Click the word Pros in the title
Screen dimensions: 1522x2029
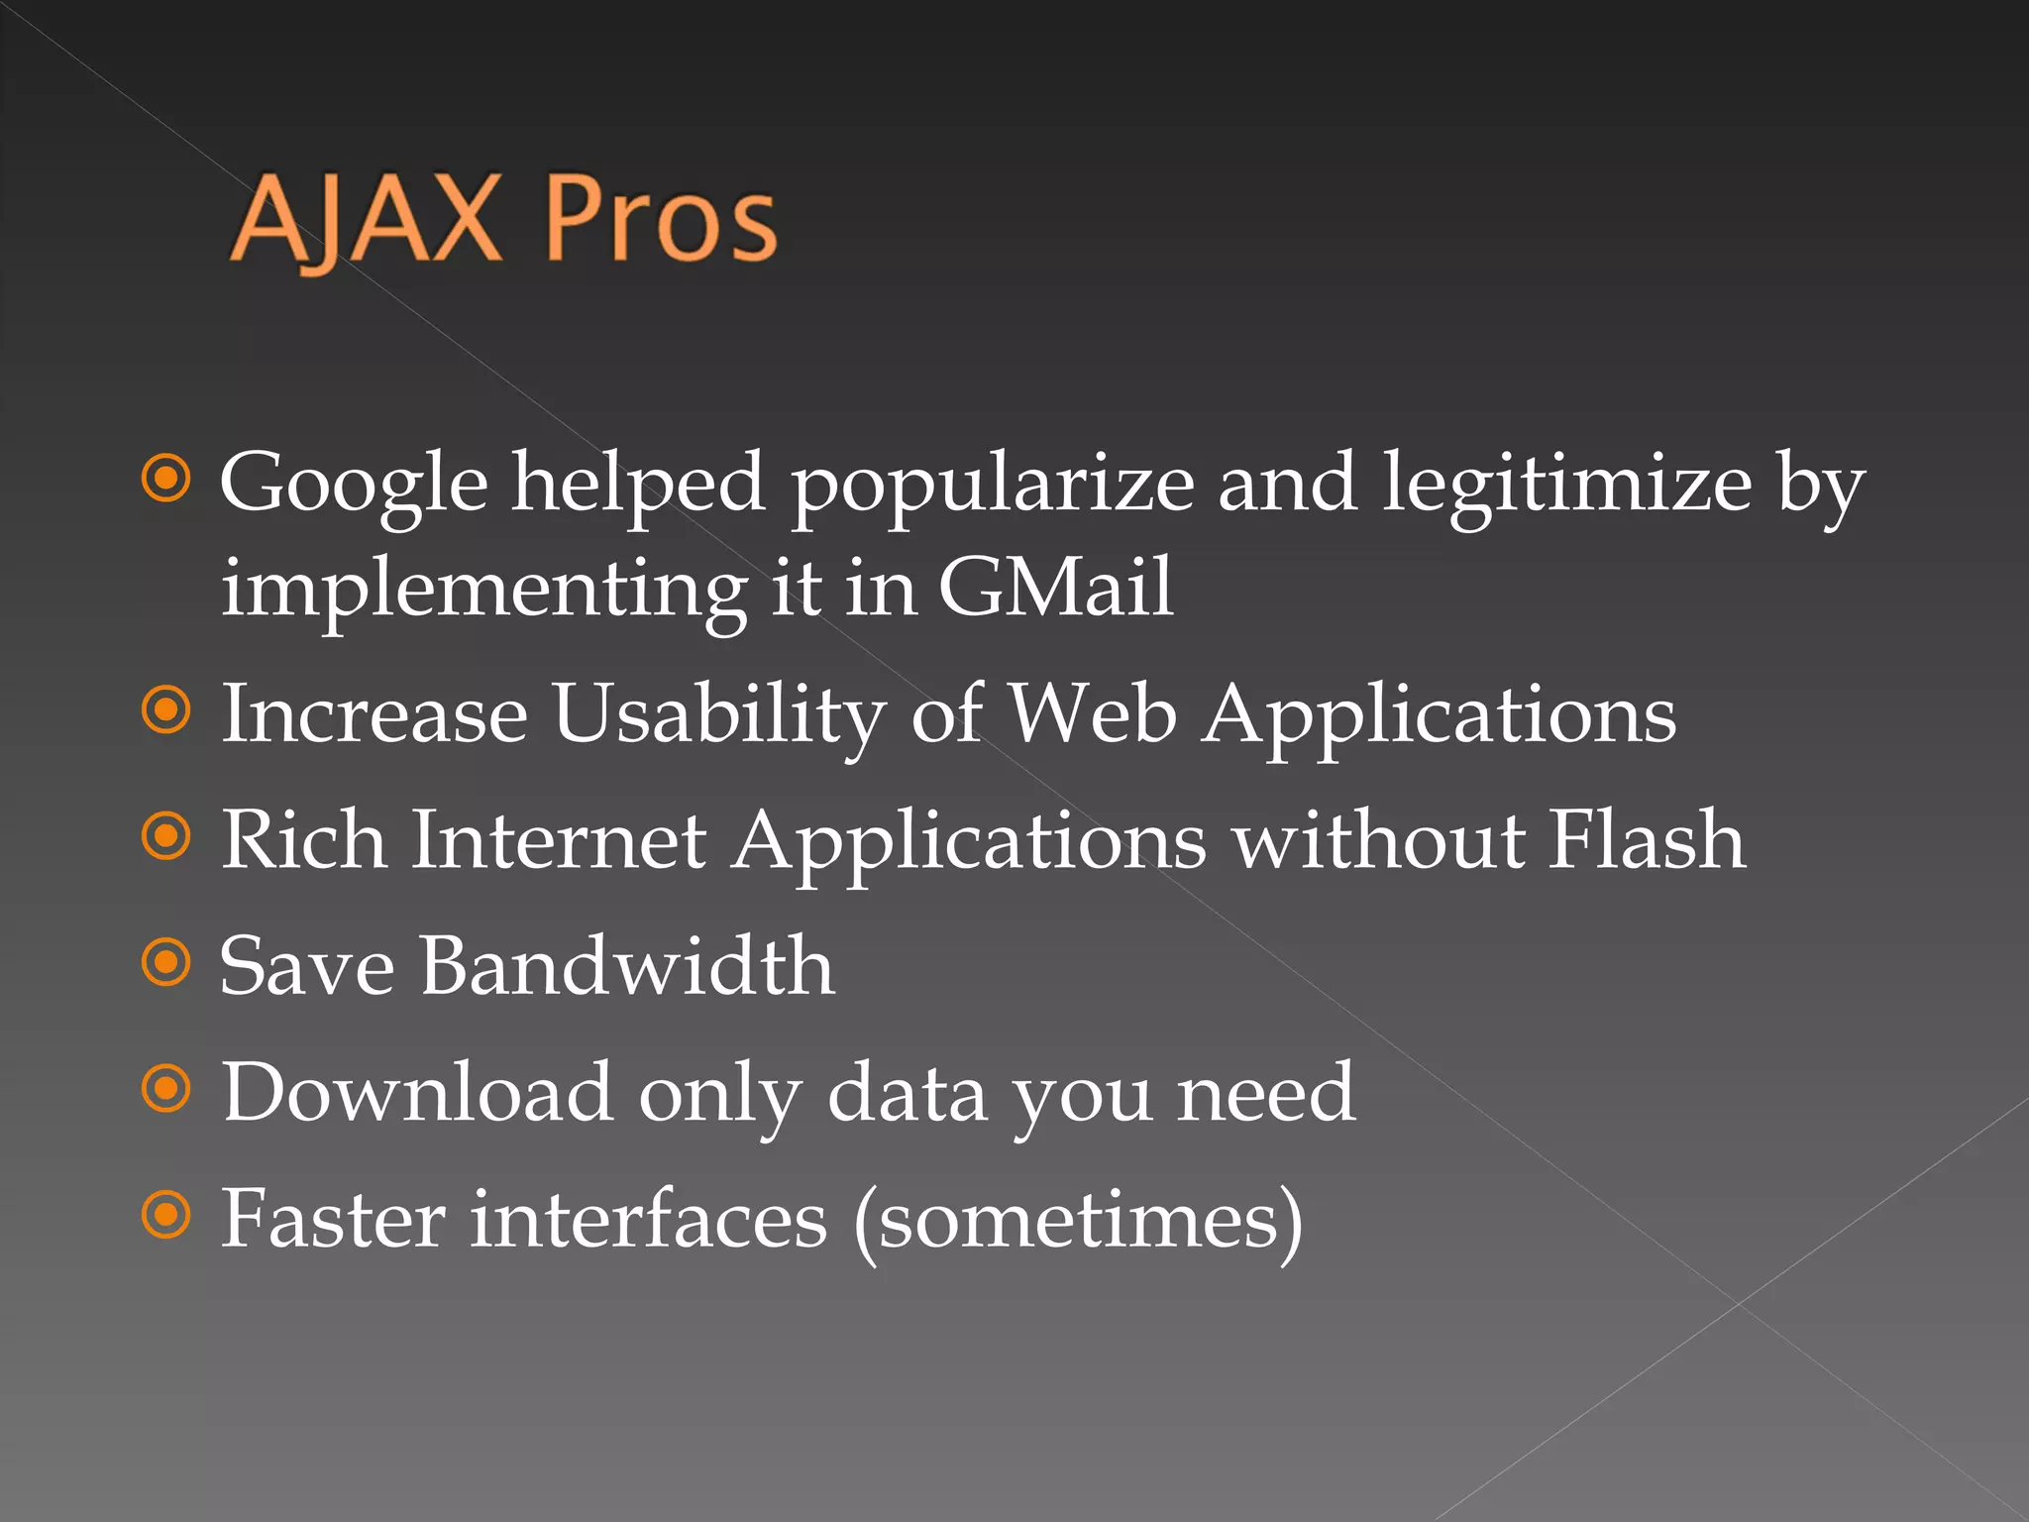pyautogui.click(x=660, y=220)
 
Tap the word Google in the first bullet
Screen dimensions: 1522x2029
pyautogui.click(x=354, y=485)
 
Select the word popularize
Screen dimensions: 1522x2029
pyautogui.click(x=992, y=485)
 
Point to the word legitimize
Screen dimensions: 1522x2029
pyautogui.click(x=1566, y=483)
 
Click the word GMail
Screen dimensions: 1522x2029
pyautogui.click(x=1055, y=587)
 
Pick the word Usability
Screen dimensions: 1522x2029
pyautogui.click(x=718, y=714)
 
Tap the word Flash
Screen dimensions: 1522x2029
pyautogui.click(x=1646, y=839)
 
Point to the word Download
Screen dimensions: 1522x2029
pyautogui.click(x=417, y=1092)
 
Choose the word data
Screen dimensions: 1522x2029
pyautogui.click(x=907, y=1092)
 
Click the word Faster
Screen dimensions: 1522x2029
pyautogui.click(x=333, y=1218)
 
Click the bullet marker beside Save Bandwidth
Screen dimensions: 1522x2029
pyautogui.click(x=165, y=962)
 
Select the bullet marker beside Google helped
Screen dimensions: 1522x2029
pyautogui.click(x=165, y=480)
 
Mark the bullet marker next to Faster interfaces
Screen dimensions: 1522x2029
pyautogui.click(x=165, y=1215)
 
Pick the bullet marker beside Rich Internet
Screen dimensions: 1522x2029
pyautogui.click(x=165, y=836)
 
